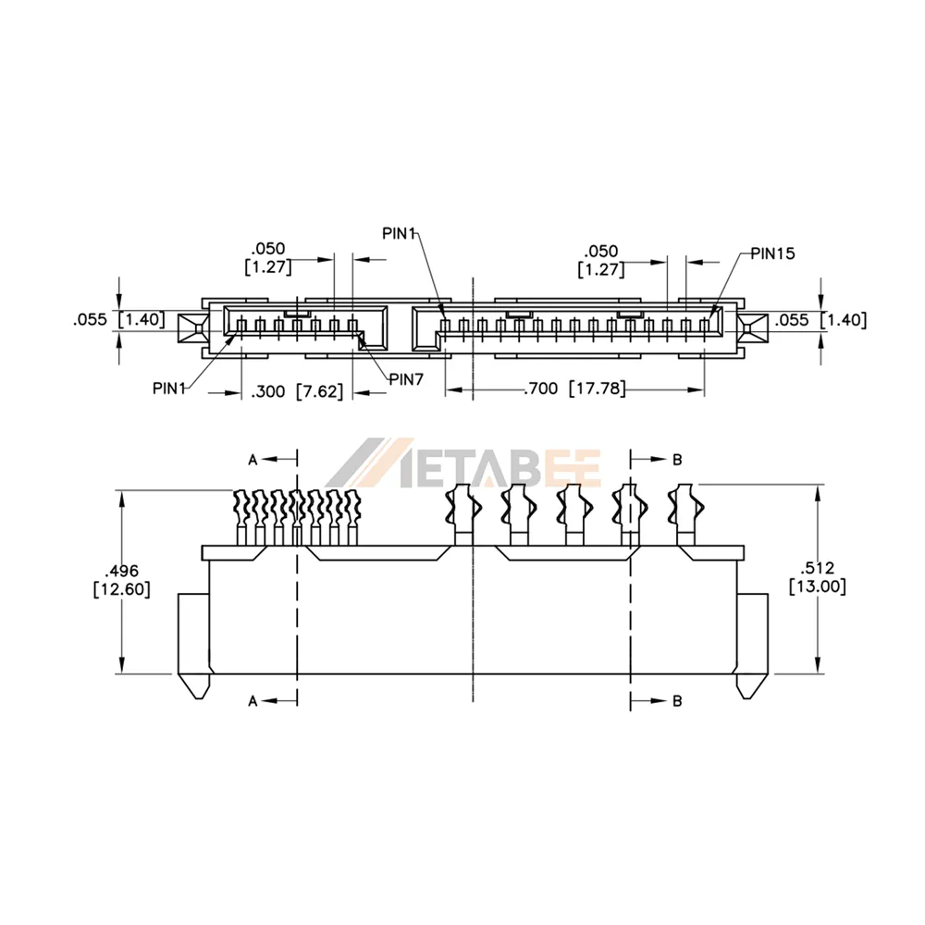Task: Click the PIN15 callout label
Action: (x=772, y=253)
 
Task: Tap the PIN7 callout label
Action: (x=406, y=379)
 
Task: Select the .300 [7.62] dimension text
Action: (x=297, y=391)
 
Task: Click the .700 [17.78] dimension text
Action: (x=574, y=388)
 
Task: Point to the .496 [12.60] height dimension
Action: (x=121, y=580)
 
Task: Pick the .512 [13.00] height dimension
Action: (x=818, y=577)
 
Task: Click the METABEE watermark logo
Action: (x=463, y=463)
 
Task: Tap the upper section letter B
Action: (x=677, y=460)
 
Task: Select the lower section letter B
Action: (x=677, y=701)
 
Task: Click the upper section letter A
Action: (x=253, y=460)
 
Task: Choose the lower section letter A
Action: (x=253, y=701)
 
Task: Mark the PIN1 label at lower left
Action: (x=169, y=388)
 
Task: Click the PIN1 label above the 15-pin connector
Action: (x=400, y=234)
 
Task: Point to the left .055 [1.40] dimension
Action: (x=119, y=320)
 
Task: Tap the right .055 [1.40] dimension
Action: (x=820, y=320)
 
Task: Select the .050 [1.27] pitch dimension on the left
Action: (x=268, y=258)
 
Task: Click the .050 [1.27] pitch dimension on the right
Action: (x=600, y=260)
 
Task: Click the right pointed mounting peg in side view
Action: (x=751, y=686)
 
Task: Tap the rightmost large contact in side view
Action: (x=685, y=514)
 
